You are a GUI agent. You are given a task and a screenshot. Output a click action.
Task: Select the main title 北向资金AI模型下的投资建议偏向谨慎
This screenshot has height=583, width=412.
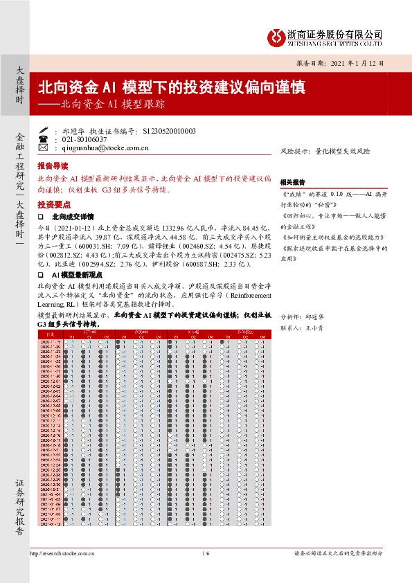[x=170, y=88]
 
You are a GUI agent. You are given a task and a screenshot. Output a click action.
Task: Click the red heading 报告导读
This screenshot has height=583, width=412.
[x=53, y=167]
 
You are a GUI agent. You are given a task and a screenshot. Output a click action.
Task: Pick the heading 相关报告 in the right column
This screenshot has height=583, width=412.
[x=292, y=181]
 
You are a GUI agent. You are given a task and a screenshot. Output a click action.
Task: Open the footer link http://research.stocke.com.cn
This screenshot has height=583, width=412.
[x=62, y=554]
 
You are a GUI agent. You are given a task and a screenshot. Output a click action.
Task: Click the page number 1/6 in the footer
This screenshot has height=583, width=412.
[x=206, y=554]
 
